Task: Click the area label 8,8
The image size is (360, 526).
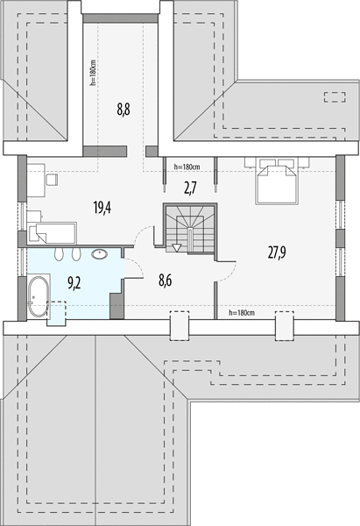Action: (124, 110)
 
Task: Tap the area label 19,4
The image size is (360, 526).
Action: (102, 208)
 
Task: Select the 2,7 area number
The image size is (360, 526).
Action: (190, 188)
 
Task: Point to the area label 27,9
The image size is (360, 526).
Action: (277, 252)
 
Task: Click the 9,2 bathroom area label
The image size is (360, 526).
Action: (74, 283)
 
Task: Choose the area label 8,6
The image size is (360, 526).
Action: (166, 280)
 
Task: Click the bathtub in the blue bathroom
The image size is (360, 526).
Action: (37, 296)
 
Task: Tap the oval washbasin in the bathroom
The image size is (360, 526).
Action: (100, 254)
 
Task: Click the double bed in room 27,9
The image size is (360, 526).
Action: (277, 181)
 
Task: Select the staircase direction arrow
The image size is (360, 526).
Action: (176, 248)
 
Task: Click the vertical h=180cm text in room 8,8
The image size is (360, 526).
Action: (93, 73)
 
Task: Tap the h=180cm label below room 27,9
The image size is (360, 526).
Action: (242, 313)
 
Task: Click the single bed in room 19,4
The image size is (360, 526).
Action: (53, 232)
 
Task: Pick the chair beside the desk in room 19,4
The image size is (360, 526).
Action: (52, 180)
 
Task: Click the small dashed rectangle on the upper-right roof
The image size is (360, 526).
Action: (335, 97)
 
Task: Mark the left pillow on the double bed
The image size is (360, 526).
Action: (267, 162)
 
